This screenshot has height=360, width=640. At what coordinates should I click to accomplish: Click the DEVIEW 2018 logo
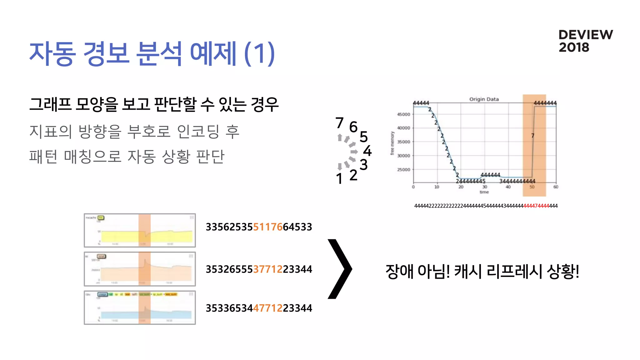click(x=585, y=41)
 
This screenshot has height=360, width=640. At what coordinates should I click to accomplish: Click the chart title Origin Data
click(x=484, y=99)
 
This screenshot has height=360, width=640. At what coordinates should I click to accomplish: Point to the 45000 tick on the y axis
click(x=403, y=114)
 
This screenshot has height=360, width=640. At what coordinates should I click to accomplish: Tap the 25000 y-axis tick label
click(x=403, y=170)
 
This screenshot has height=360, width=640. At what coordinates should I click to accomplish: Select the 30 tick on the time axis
click(x=485, y=187)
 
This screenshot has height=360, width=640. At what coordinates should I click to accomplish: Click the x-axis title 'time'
click(x=484, y=192)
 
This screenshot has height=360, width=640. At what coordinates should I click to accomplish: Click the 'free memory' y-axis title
click(x=392, y=143)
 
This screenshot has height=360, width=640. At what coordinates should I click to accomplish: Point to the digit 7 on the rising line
click(x=532, y=136)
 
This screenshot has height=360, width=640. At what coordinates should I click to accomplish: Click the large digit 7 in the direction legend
click(x=339, y=123)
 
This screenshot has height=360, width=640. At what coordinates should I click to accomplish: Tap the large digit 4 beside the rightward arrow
click(x=367, y=151)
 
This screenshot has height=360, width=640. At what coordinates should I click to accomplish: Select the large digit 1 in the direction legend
click(x=339, y=179)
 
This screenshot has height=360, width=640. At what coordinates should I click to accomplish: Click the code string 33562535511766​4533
click(x=259, y=227)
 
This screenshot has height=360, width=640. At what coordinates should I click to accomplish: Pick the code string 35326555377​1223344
click(x=259, y=269)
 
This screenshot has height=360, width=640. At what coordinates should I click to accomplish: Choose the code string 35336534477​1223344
click(x=259, y=308)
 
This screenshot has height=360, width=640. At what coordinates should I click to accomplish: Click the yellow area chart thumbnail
click(x=140, y=230)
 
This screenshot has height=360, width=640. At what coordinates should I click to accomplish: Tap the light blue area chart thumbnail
click(x=140, y=307)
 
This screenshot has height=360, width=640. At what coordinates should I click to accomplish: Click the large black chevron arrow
click(x=340, y=269)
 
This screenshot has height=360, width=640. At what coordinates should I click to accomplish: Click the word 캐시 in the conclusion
click(x=467, y=271)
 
